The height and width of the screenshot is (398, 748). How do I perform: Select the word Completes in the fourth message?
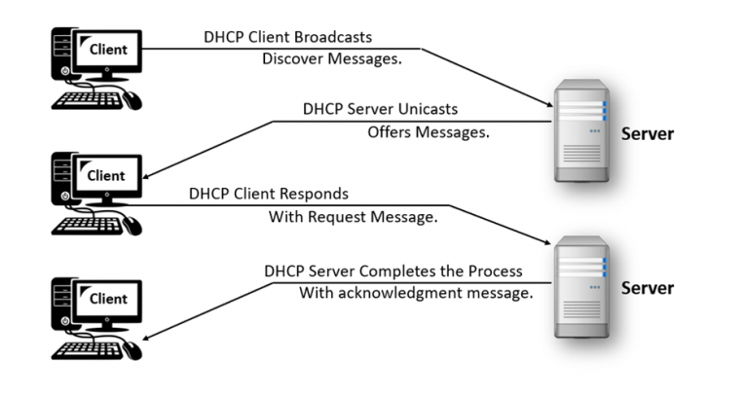tap(420, 270)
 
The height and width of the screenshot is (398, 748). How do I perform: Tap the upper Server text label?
tap(648, 133)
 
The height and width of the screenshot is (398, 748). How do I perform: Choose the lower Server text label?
tap(648, 289)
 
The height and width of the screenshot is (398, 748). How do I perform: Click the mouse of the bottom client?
tap(132, 349)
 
